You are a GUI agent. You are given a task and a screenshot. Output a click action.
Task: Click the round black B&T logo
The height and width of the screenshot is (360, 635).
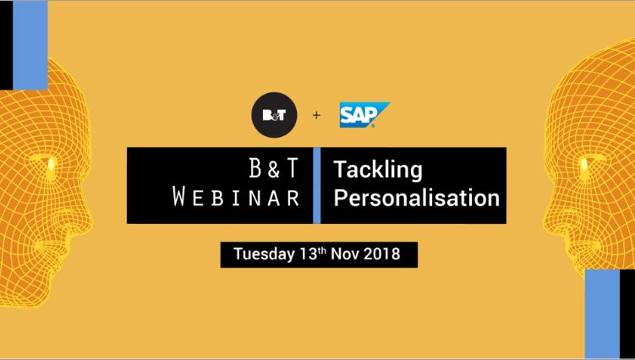tap(274, 115)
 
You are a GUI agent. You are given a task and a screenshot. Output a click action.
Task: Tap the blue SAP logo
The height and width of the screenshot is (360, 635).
tap(364, 115)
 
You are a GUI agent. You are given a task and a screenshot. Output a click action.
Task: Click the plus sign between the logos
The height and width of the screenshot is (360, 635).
tap(316, 116)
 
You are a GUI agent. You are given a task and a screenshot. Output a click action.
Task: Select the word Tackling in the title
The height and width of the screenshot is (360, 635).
tap(377, 170)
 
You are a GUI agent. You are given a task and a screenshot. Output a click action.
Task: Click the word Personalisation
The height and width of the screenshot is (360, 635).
tap(416, 198)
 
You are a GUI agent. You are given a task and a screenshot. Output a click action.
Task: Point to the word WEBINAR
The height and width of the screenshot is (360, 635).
tap(236, 197)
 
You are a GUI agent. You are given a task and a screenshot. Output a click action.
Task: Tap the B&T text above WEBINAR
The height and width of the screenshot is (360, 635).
tap(273, 168)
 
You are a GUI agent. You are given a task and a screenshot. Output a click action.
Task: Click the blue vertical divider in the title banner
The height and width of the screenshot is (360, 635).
tap(317, 185)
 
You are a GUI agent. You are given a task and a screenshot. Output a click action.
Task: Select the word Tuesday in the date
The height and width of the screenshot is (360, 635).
tap(264, 254)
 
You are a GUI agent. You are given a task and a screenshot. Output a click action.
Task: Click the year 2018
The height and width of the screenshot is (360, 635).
tap(382, 254)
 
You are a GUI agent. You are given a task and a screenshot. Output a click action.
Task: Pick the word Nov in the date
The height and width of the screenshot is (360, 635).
tap(345, 254)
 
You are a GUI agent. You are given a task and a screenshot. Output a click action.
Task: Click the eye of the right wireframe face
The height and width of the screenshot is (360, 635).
tap(585, 164)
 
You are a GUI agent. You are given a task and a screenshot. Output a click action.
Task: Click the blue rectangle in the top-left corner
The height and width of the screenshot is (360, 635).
tap(30, 45)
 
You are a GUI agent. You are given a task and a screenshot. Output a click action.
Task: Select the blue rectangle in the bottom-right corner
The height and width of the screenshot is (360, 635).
tap(602, 314)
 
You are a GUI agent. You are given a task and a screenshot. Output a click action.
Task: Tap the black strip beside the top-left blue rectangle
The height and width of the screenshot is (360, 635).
tap(7, 45)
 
